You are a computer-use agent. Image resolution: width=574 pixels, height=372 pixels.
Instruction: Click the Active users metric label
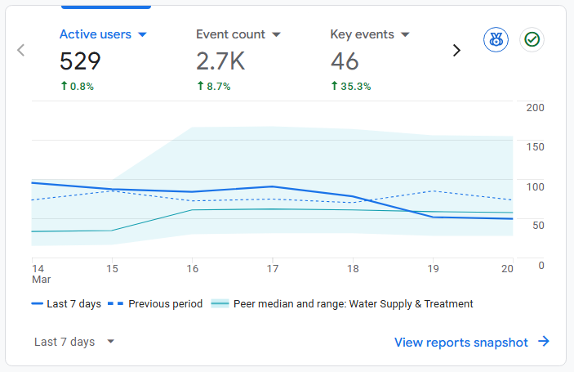pos(95,34)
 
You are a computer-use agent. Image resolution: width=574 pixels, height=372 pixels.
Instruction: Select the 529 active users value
pos(80,61)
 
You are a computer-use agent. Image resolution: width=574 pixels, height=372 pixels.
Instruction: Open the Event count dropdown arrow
pos(276,35)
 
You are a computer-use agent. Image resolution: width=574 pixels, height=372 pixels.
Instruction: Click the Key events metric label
pos(362,34)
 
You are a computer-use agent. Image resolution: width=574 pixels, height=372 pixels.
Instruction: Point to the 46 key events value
pos(345,61)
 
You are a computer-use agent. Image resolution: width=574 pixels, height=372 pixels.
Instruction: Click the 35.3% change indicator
pos(350,86)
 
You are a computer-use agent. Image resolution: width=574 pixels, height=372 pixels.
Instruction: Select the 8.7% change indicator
pos(213,86)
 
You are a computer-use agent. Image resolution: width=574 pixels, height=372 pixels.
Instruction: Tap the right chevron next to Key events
pos(456,51)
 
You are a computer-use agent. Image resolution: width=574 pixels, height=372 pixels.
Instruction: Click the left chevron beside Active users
pos(21,51)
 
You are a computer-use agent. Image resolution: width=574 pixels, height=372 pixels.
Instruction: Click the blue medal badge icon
pos(496,39)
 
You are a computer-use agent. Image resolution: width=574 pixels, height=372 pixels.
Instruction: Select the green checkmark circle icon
pos(532,39)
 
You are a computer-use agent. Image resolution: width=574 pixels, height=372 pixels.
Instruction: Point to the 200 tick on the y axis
pos(536,108)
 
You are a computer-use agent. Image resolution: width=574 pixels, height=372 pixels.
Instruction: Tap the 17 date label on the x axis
pos(273,268)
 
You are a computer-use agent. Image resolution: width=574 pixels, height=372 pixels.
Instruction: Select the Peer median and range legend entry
pos(342,303)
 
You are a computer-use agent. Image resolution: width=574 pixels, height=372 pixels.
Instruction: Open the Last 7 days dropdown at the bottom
pos(74,342)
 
